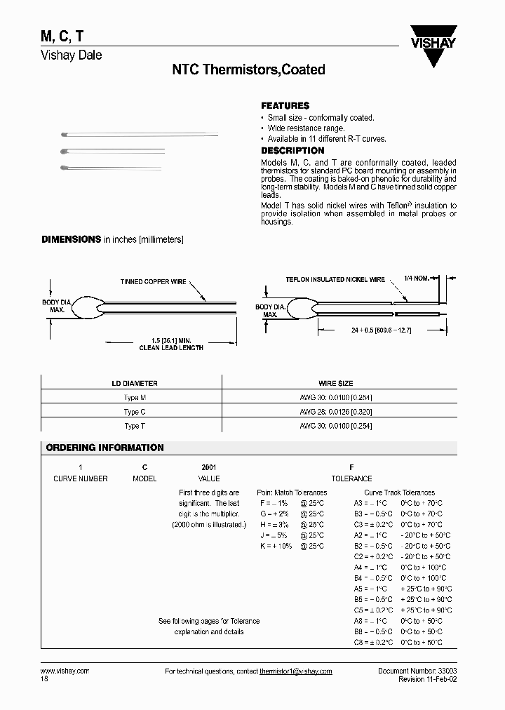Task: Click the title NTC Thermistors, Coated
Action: click(x=248, y=69)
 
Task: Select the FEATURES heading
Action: click(x=285, y=105)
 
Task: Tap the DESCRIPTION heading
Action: click(x=292, y=150)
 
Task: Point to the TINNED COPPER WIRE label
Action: click(x=153, y=281)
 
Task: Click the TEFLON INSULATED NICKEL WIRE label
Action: click(x=335, y=279)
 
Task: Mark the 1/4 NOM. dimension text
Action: click(x=417, y=279)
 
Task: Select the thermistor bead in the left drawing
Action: click(x=91, y=307)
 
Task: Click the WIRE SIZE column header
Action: click(x=336, y=384)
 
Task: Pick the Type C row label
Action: click(x=135, y=412)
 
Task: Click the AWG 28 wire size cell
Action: click(x=336, y=412)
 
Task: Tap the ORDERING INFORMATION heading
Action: click(x=105, y=448)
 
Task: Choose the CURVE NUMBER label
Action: click(x=81, y=478)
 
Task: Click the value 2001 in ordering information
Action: click(x=209, y=467)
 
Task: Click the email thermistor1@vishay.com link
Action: click(x=295, y=671)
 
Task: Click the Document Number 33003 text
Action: click(x=417, y=671)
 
